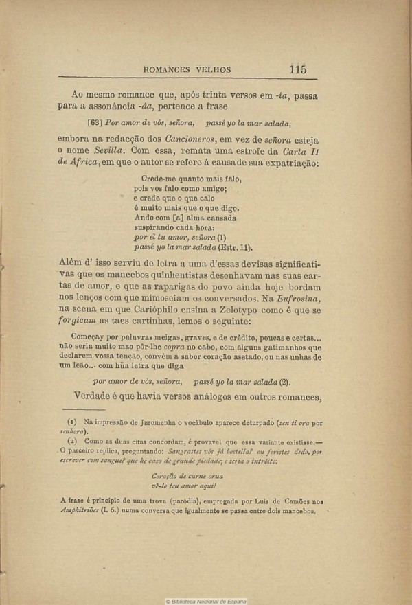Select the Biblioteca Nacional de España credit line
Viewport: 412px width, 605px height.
click(205, 600)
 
